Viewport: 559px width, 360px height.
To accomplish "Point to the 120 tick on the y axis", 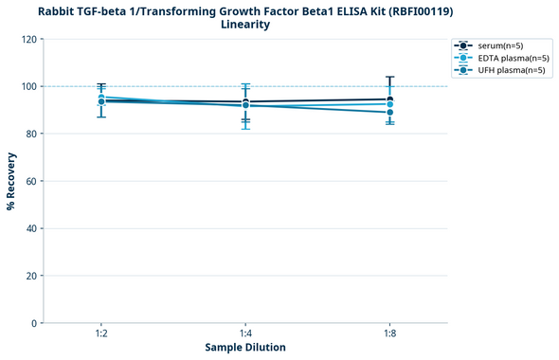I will pos(28,39).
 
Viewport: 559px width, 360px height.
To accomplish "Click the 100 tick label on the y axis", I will pos(28,86).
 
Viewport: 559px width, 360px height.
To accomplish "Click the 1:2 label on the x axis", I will pos(101,334).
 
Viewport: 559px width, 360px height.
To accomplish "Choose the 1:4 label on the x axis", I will pos(245,334).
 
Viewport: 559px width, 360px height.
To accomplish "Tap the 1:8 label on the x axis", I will pos(389,334).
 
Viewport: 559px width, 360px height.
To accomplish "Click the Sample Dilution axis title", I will pos(245,348).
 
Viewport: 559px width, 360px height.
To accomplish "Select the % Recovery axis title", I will pos(11,181).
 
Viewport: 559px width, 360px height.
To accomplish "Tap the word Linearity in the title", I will pos(245,25).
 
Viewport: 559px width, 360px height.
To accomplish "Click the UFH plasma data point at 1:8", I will pos(389,113).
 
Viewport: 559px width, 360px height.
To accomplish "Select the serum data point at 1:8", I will pos(389,99).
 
